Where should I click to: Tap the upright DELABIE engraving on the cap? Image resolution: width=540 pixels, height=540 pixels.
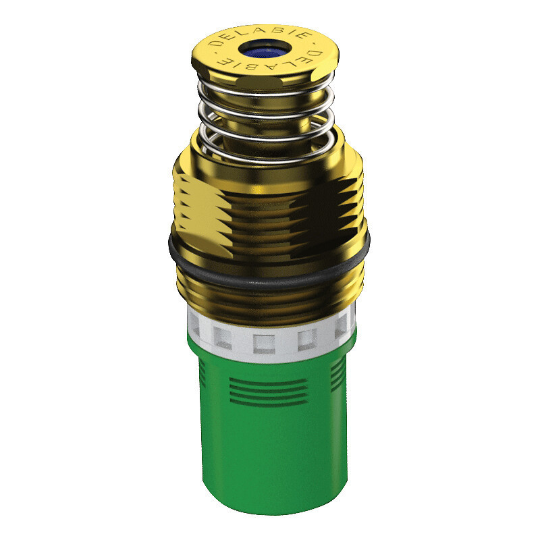click(260, 36)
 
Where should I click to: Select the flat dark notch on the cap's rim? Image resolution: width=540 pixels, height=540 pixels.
click(260, 82)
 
